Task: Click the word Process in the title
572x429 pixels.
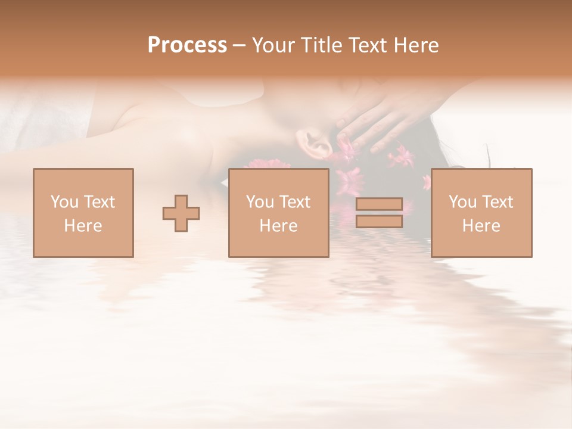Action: (x=187, y=45)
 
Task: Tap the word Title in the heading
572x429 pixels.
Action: (x=321, y=45)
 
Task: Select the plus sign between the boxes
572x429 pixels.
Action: (x=181, y=213)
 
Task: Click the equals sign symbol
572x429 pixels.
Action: (x=379, y=213)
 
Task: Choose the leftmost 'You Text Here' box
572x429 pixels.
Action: (x=83, y=213)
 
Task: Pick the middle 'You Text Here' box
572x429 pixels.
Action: (x=279, y=213)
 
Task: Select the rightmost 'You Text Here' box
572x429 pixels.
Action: (x=481, y=213)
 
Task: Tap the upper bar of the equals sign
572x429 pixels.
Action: (x=379, y=205)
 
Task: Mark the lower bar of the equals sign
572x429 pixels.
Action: (x=379, y=222)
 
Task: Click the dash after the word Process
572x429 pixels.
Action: (x=240, y=46)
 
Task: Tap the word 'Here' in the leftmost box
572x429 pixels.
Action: (x=83, y=226)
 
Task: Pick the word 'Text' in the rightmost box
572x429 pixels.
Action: (x=496, y=202)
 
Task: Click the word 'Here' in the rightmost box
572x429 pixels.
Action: (x=481, y=226)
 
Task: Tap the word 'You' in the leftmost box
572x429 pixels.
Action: (x=64, y=202)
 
